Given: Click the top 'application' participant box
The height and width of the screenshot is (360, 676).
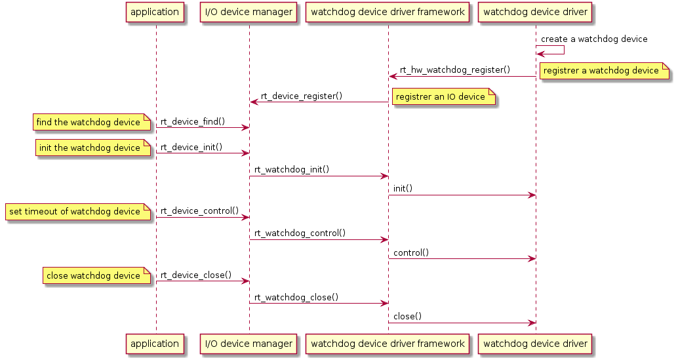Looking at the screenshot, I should tap(155, 12).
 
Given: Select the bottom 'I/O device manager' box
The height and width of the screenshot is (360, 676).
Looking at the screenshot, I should tap(249, 344).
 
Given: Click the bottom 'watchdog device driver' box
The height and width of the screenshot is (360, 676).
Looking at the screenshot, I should tap(535, 344).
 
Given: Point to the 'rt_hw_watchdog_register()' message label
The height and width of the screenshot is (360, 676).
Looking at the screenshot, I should tap(454, 70).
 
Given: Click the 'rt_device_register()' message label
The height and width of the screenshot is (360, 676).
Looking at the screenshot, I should tap(302, 96).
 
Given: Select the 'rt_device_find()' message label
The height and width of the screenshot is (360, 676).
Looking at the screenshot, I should tap(193, 121).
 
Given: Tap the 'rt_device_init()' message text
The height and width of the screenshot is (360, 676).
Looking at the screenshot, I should tap(191, 148).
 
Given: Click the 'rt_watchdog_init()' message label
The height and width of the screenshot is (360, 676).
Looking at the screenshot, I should tap(291, 169).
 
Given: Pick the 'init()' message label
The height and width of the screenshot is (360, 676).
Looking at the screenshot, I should tap(403, 188).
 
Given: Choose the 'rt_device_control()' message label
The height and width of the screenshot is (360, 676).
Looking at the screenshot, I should tap(199, 211).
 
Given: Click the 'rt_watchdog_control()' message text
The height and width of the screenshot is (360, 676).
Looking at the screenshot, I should tap(300, 233).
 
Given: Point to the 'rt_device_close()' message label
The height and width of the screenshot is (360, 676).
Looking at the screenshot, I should tap(196, 275).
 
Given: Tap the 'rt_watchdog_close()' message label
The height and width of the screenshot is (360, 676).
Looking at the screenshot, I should tap(296, 296).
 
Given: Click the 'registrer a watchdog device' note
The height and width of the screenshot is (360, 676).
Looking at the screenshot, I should tap(601, 71).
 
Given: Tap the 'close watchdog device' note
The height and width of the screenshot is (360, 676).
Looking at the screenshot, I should tap(94, 276).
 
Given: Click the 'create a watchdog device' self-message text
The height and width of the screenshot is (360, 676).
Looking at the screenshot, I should tap(594, 39).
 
